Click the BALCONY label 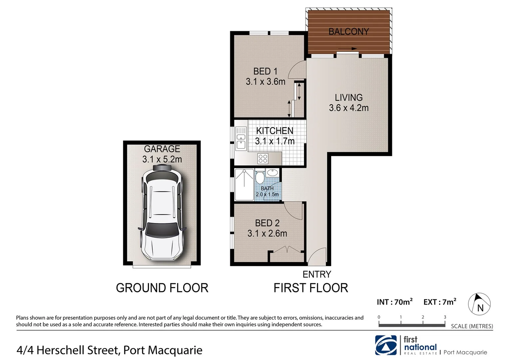348,32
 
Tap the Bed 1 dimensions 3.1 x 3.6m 265,82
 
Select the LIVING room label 348,98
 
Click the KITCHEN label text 274,131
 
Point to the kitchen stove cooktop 263,159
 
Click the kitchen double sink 241,141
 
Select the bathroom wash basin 272,173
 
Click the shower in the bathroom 244,185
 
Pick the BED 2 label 267,223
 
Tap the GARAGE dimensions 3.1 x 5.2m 162,159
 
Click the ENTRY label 316,274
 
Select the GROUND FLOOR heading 162,288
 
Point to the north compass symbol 479,304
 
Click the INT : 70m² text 394,302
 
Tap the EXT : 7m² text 439,302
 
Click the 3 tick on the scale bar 445,317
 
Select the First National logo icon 386,345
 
